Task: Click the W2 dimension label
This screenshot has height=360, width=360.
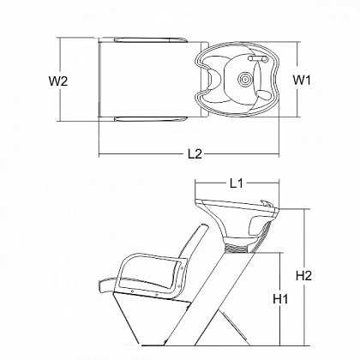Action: (58, 81)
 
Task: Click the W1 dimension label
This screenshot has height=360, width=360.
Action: (302, 80)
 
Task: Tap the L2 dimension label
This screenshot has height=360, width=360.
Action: (195, 154)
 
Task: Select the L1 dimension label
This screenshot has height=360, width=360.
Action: (237, 183)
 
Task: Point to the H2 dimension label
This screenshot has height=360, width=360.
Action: (303, 276)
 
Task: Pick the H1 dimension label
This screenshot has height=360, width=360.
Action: (280, 299)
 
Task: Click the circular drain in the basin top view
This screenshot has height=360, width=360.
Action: (245, 78)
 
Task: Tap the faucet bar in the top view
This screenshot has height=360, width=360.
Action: (258, 59)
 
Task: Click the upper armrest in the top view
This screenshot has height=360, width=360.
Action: (151, 39)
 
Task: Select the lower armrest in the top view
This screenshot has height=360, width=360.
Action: (151, 119)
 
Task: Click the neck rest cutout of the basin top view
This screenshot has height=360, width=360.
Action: (213, 78)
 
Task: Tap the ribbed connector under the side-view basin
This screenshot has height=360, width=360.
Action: (237, 248)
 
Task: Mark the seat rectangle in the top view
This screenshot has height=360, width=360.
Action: (150, 79)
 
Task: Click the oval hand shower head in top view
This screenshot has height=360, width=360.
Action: (263, 95)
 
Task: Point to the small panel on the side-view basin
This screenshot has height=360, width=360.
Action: (255, 225)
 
